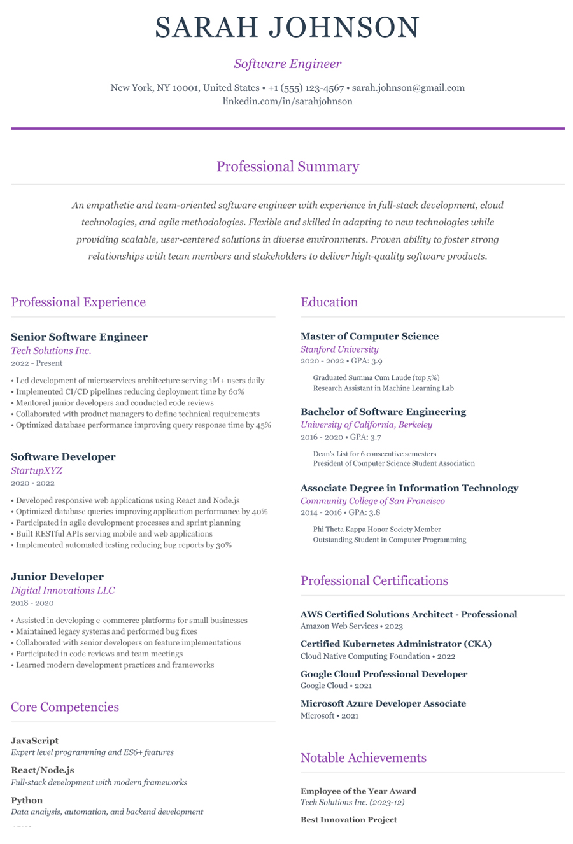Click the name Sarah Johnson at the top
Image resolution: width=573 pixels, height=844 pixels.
[x=287, y=28]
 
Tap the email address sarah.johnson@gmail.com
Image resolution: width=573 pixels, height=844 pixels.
[x=408, y=88]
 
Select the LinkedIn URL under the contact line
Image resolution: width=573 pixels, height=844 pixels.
[x=287, y=101]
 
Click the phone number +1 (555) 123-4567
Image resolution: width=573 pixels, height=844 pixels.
[x=306, y=88]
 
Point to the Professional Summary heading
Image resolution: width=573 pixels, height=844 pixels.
[x=287, y=167]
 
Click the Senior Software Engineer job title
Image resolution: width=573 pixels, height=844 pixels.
[x=79, y=337]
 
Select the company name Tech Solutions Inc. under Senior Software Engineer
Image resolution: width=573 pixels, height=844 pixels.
[x=51, y=351]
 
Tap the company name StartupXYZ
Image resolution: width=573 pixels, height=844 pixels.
[x=36, y=471]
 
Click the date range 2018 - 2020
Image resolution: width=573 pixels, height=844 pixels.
[x=32, y=603]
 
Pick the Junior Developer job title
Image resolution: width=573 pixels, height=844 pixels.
[x=57, y=577]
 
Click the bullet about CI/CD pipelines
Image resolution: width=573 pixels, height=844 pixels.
[x=130, y=392]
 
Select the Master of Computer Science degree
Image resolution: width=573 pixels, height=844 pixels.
[x=369, y=336]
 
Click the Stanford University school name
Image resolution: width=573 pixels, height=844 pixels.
[x=339, y=349]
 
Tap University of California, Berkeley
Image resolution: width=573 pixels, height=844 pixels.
[x=366, y=425]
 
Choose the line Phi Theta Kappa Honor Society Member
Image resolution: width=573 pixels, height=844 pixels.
[x=377, y=529]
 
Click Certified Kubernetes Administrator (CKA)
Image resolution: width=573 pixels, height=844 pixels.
[x=395, y=644]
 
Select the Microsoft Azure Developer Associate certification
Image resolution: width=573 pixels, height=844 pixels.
[x=383, y=703]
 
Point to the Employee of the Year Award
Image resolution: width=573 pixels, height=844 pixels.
[x=358, y=791]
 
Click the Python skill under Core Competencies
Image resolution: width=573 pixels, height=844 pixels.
[x=27, y=800]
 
